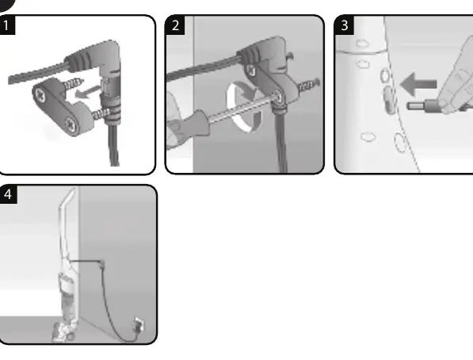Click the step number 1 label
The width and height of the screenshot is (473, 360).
pyautogui.click(x=6, y=25)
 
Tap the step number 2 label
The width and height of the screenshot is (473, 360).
pyautogui.click(x=175, y=25)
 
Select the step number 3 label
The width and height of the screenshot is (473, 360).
pyautogui.click(x=345, y=25)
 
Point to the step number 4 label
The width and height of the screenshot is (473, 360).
pyautogui.click(x=8, y=194)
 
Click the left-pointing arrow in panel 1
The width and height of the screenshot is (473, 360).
pyautogui.click(x=88, y=93)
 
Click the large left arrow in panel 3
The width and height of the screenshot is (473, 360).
pyautogui.click(x=418, y=84)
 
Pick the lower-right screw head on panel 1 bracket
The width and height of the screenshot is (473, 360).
pyautogui.click(x=71, y=124)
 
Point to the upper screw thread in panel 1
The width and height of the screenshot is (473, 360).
pyautogui.click(x=74, y=84)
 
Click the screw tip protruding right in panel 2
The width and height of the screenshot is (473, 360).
pyautogui.click(x=309, y=84)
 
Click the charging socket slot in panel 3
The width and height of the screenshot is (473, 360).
pyautogui.click(x=388, y=100)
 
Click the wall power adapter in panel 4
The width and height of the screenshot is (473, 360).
pyautogui.click(x=139, y=325)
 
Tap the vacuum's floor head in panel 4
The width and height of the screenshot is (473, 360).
pyautogui.click(x=64, y=332)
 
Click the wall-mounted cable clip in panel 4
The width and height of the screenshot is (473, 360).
pyautogui.click(x=102, y=263)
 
